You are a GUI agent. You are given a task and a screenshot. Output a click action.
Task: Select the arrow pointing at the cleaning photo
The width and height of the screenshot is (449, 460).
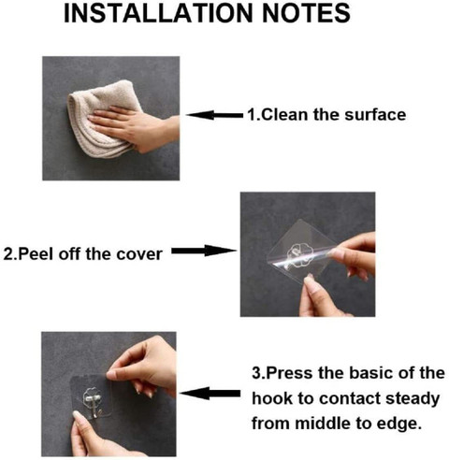click(212, 115)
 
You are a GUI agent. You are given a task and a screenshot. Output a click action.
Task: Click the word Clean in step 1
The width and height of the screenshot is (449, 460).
click(281, 115)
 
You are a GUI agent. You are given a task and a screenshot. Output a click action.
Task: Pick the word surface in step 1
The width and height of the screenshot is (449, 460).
click(373, 115)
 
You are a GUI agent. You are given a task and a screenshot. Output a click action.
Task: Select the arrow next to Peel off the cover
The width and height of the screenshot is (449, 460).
click(202, 250)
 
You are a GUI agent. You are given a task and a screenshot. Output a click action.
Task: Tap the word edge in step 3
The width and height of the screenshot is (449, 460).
click(403, 422)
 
